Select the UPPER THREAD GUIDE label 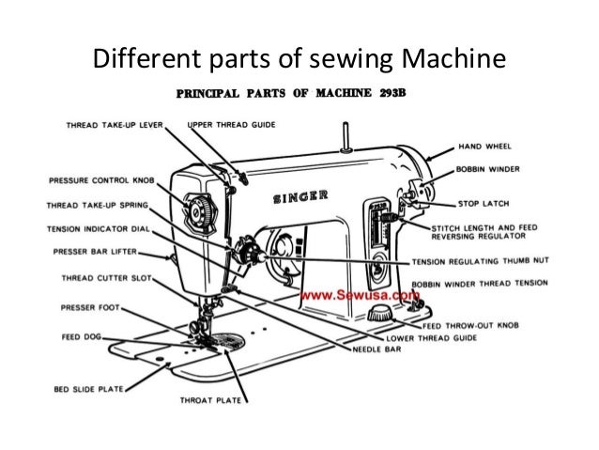pyautogui.click(x=232, y=123)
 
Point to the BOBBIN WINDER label pyautogui.click(x=494, y=169)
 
